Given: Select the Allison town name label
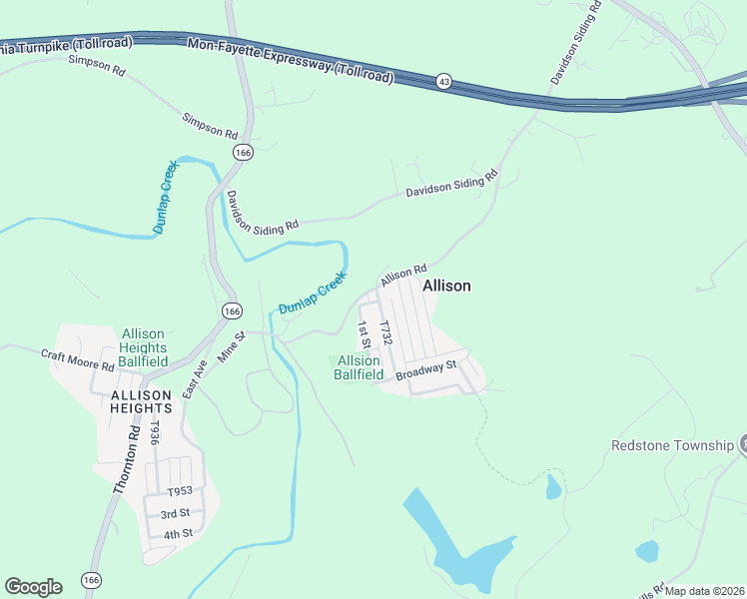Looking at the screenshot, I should point(446,286).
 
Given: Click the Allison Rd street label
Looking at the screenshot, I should point(403,275).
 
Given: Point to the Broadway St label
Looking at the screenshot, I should point(425,370).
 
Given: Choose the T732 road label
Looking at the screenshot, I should point(385,333).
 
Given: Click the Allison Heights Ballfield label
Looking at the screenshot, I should point(143,346).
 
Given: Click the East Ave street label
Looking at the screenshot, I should point(196,377).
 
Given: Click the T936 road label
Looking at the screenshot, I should point(154,432).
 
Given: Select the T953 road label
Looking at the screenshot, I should point(180,491).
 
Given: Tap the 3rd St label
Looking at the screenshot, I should point(176,513).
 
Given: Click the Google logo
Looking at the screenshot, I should point(33,586).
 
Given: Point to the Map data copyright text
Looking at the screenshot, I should point(704,591).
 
